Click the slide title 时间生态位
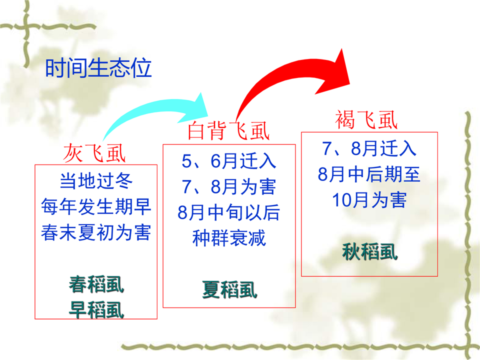pos(98,67)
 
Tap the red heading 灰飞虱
pos(94,153)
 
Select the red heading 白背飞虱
pos(228,130)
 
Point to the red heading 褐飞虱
pos(366,119)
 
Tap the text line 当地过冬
pos(96,180)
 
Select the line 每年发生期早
pos(96,206)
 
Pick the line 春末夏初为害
pos(96,232)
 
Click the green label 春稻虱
pos(96,284)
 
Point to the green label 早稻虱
pos(96,310)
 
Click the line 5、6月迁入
pos(228,160)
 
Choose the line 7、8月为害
pos(228,186)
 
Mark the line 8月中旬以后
pos(228,212)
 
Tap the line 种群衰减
pos(228,238)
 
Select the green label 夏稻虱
pos(229,289)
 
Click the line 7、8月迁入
pos(369,148)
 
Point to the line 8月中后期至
pos(369,174)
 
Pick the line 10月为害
pos(369,200)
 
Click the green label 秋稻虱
pos(370,251)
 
